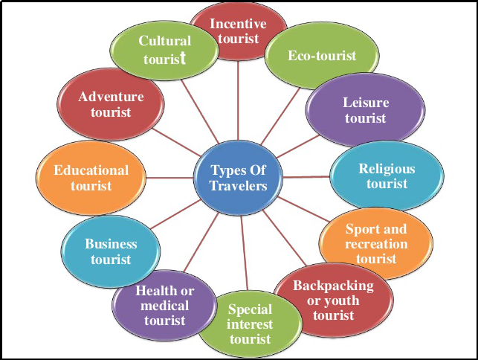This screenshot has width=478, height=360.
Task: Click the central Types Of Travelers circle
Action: pos(239,178)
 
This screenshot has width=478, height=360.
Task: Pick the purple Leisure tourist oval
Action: pos(364,109)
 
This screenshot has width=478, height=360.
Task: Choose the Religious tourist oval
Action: pos(387,176)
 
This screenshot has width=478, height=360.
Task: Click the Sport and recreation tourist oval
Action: pos(376,243)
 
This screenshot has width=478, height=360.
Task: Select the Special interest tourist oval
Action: pos(250,324)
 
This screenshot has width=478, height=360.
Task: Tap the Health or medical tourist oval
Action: pos(164,305)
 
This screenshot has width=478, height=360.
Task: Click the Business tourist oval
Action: pos(111,251)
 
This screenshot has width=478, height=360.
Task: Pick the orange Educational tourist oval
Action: pos(91,178)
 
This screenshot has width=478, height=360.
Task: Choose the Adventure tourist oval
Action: pos(111,104)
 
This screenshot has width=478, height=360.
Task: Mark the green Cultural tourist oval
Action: pos(164,48)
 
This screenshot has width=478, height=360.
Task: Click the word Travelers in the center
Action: pos(238,186)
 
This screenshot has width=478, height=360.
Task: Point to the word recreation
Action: pos(376,244)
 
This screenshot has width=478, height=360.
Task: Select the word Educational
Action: pos(91,170)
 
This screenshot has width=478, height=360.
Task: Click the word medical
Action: pos(164,306)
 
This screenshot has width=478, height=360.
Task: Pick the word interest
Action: pos(251,324)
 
